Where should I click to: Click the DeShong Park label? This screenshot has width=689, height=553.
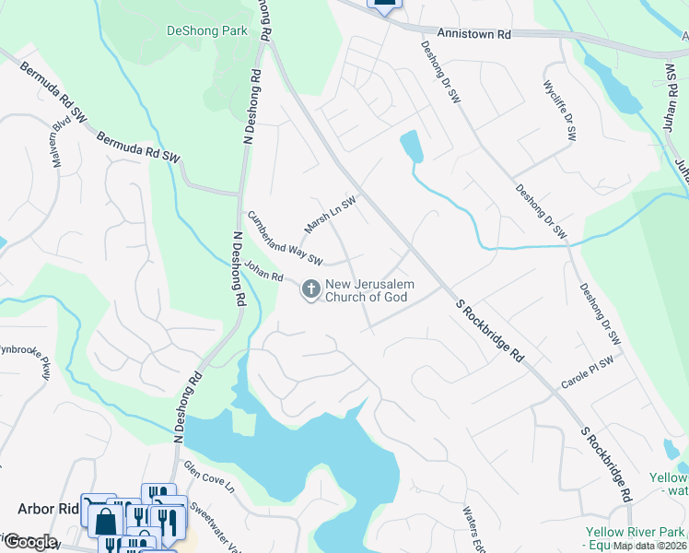click(x=207, y=30)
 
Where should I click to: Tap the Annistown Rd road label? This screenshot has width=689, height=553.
click(x=473, y=32)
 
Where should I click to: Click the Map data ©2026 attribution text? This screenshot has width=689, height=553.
click(x=650, y=546)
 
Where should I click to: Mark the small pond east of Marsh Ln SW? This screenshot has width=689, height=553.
click(x=411, y=147)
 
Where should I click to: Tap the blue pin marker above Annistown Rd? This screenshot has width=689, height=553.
click(x=385, y=5)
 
